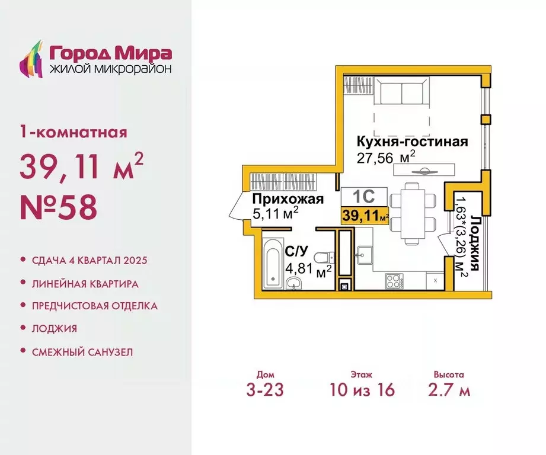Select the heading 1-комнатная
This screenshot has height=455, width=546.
[73, 132]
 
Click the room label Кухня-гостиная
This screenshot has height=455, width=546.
[412, 142]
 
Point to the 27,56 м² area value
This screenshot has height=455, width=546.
[385, 157]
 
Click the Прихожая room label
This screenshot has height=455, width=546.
[288, 199]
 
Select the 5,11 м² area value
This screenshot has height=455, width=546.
[275, 213]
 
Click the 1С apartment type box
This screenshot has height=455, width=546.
[363, 196]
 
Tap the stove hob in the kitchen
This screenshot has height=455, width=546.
[394, 280]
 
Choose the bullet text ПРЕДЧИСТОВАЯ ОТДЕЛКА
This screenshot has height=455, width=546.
[94, 306]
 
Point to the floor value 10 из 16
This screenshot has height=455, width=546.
[362, 390]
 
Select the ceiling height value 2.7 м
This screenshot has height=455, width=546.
[448, 390]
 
